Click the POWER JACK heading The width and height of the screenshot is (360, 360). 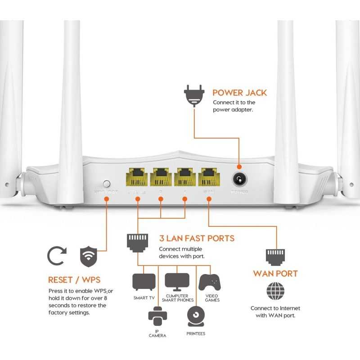pos(239,93)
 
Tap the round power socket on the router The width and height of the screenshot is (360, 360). pos(239,180)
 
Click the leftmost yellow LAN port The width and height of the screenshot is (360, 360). pos(137,177)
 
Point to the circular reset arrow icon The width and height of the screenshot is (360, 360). pos(57,256)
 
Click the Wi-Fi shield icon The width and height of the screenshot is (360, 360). pos(89,256)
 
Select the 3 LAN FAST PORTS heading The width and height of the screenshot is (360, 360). pos(197,238)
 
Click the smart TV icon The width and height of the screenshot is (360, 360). pos(144,282)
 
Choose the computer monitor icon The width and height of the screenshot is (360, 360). pos(177,282)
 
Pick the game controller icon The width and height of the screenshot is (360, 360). pos(210,283)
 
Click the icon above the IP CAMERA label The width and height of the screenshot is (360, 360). pos(157,316)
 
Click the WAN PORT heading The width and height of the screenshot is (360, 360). pos(275,274)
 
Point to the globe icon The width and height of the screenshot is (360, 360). pos(275,291)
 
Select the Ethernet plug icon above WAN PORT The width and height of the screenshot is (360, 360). pos(275,256)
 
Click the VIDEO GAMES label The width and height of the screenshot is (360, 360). pos(212,298)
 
